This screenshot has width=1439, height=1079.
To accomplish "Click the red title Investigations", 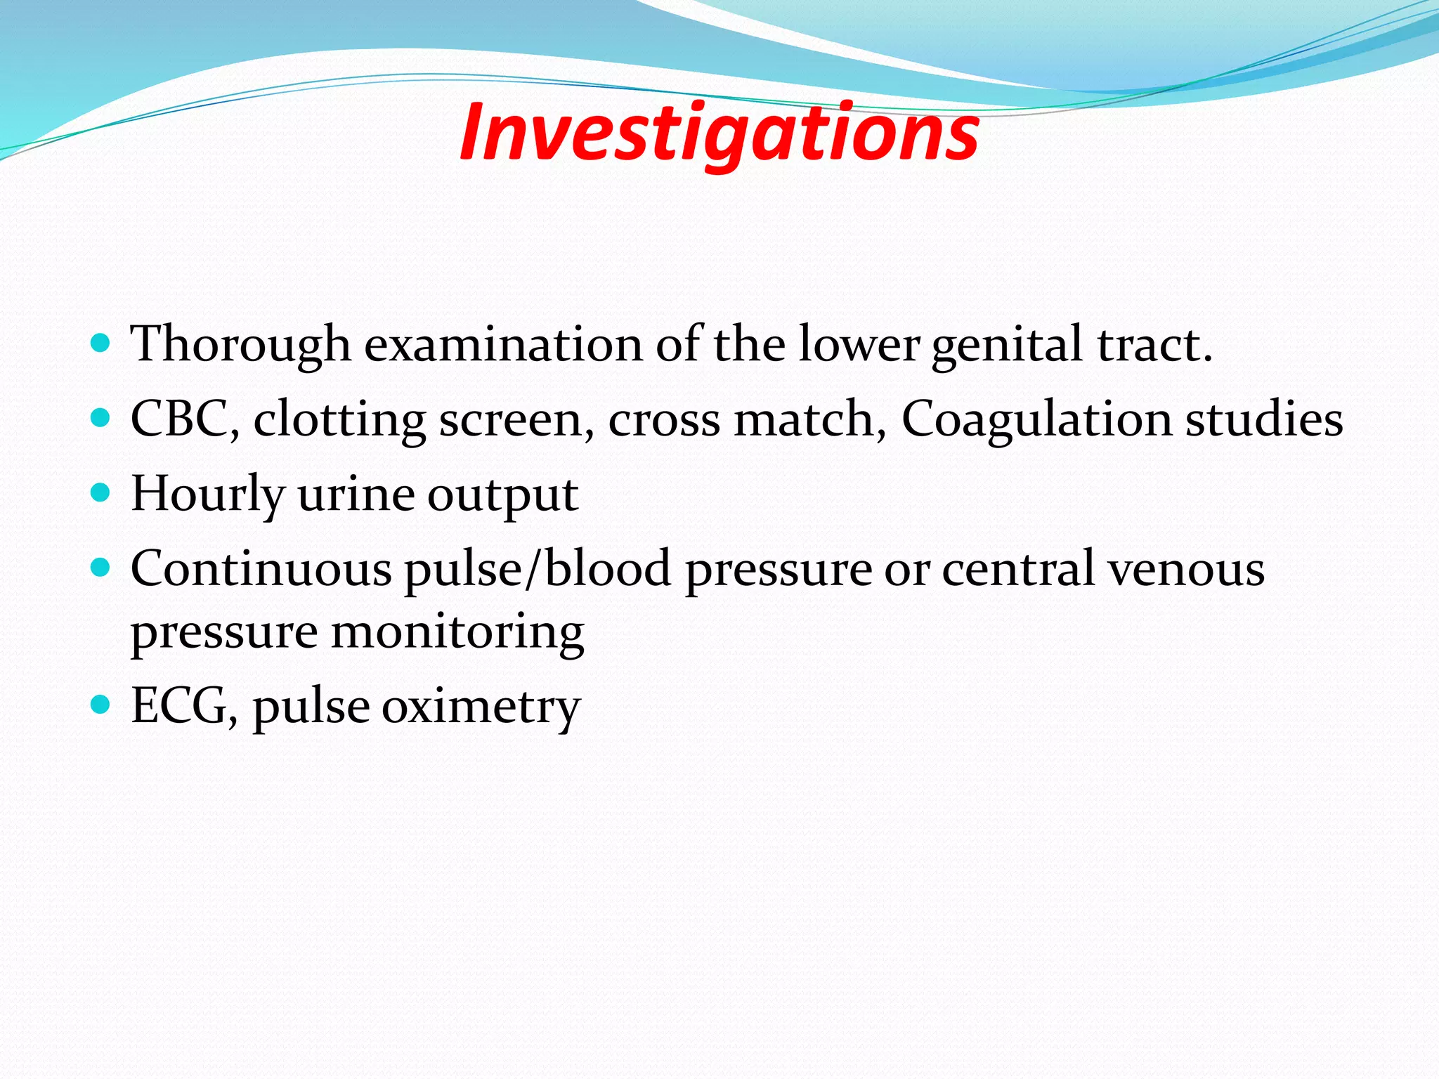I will (x=719, y=133).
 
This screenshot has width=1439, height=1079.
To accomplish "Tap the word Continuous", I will (x=261, y=568).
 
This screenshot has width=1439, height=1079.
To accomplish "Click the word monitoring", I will (x=457, y=632).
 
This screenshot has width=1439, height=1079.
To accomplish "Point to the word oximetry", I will (x=481, y=706).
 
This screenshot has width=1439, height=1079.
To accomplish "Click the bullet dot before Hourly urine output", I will (x=101, y=492).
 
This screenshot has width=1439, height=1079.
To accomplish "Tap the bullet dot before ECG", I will (x=101, y=704).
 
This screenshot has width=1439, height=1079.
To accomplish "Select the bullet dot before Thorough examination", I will (x=101, y=344).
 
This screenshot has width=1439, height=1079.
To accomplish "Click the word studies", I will (x=1264, y=419).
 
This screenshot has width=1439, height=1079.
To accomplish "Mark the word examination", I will (x=503, y=345).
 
